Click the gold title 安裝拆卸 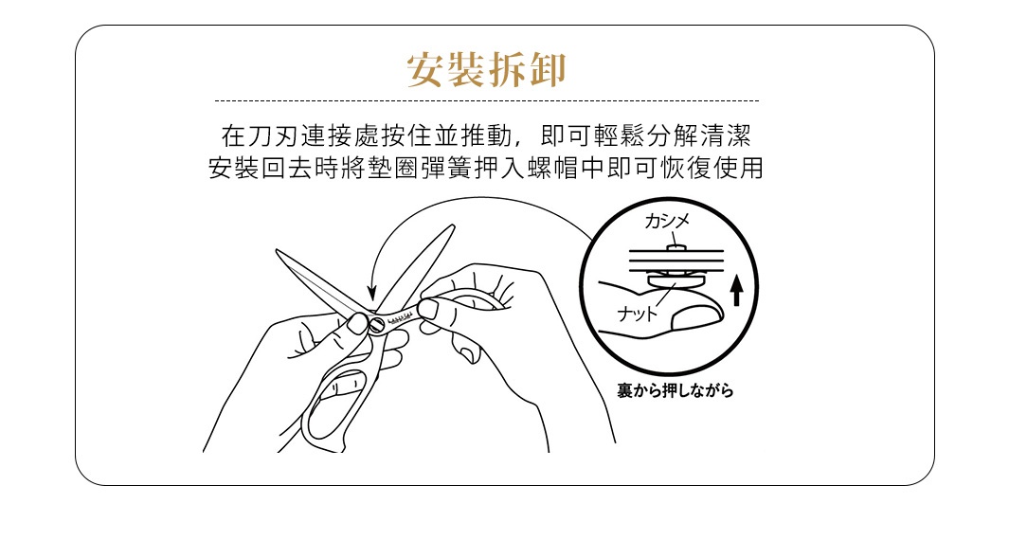pyautogui.click(x=486, y=71)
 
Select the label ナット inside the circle pyautogui.click(x=636, y=314)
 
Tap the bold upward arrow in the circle pyautogui.click(x=736, y=290)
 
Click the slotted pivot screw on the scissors pyautogui.click(x=378, y=325)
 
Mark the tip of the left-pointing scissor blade pyautogui.click(x=279, y=252)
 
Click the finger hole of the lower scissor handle pyautogui.click(x=332, y=403)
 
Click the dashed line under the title pyautogui.click(x=486, y=100)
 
